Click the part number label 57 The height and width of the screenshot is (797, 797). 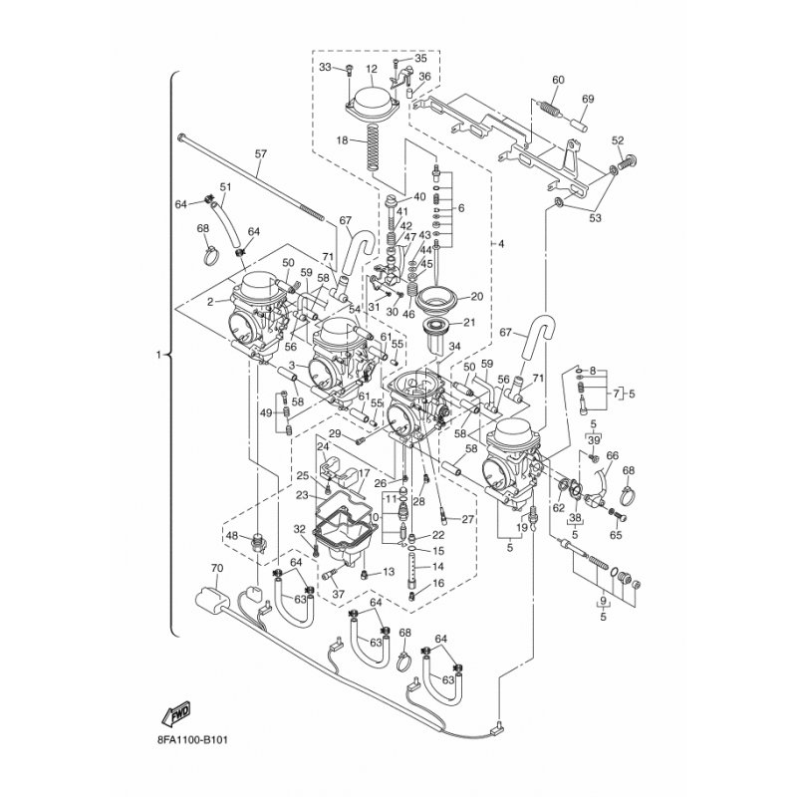(x=261, y=154)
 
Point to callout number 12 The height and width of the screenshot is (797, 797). (x=372, y=70)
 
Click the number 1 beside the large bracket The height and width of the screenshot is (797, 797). (x=157, y=354)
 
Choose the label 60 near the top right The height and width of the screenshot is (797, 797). (x=557, y=80)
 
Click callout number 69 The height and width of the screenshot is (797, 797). (x=588, y=100)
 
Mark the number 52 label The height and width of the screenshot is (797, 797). (x=618, y=140)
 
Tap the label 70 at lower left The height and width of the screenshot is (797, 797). (x=217, y=569)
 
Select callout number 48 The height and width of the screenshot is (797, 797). (x=232, y=536)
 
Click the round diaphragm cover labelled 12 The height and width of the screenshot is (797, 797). (x=372, y=104)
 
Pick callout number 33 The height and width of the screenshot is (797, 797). (x=325, y=67)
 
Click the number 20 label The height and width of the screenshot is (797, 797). (x=476, y=296)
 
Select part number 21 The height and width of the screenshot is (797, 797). (x=471, y=323)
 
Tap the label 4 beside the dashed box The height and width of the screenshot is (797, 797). (x=502, y=244)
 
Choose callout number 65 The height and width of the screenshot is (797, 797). (x=615, y=535)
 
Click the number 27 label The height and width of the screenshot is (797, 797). (x=468, y=519)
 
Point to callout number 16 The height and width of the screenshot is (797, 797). (x=438, y=583)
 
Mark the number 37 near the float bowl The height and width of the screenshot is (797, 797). (x=339, y=595)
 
